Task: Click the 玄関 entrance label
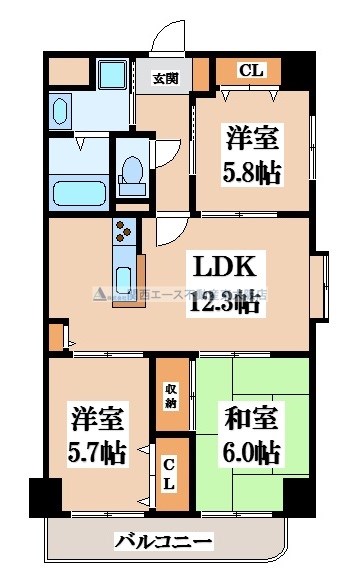click(165, 78)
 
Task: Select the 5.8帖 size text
click(251, 171)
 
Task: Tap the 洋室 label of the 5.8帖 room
click(252, 135)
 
